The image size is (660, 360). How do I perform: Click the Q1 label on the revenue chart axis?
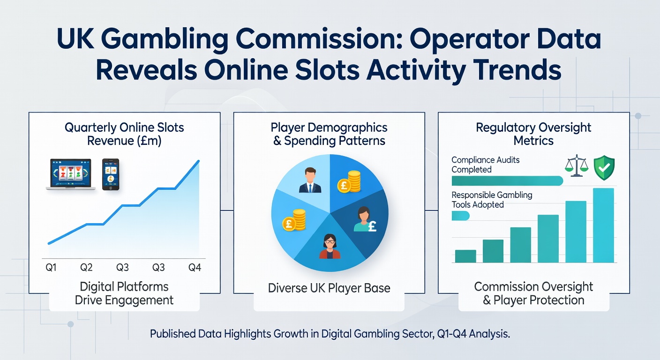[x=51, y=268]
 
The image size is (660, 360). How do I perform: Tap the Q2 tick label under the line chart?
[x=86, y=268]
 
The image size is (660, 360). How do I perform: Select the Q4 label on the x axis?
[x=195, y=268]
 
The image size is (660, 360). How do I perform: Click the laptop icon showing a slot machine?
[x=70, y=174]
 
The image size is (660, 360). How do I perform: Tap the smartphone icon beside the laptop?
[x=110, y=174]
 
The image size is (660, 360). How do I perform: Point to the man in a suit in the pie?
[x=310, y=180]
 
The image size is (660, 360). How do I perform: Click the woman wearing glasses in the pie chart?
[x=330, y=246]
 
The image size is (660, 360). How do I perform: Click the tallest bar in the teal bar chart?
[x=603, y=225]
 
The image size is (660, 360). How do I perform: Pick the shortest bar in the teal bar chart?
[x=465, y=256]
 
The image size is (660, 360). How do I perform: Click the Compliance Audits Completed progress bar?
[x=506, y=181]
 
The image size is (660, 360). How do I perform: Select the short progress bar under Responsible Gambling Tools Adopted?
[x=460, y=216]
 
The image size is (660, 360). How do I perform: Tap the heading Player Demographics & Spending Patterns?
[x=329, y=134]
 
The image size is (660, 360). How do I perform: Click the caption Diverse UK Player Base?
[x=329, y=288]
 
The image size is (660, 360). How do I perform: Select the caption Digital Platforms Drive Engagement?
[x=124, y=293]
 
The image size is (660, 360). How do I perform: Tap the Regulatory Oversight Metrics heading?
[x=533, y=134]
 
